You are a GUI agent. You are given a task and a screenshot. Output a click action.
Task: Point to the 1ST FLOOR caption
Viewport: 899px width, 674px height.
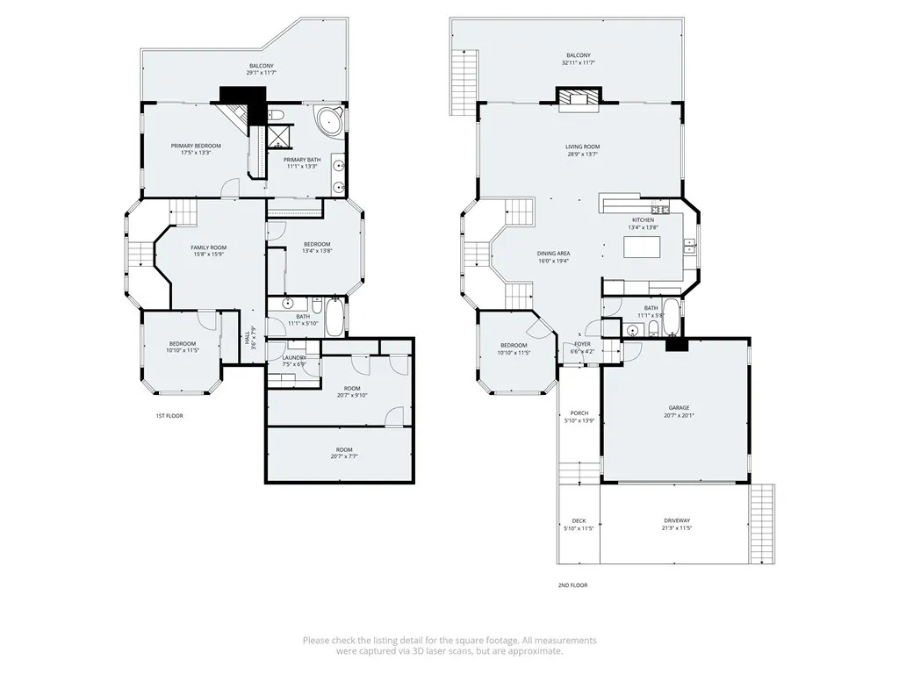click(x=169, y=415)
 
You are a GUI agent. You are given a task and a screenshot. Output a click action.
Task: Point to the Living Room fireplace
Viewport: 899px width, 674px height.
click(x=578, y=97)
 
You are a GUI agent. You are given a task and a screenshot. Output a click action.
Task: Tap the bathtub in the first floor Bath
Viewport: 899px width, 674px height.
click(x=335, y=318)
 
